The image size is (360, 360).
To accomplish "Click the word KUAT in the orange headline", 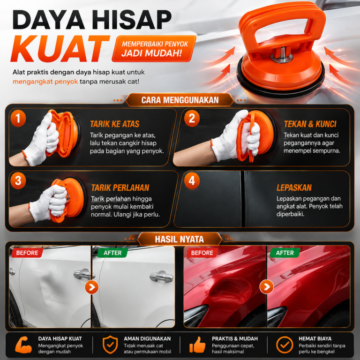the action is click(x=60, y=49).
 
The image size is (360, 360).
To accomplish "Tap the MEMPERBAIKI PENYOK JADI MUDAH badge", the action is click(x=154, y=49).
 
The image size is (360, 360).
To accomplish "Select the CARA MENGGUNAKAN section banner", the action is click(x=180, y=100).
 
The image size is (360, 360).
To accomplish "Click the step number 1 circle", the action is click(x=18, y=119).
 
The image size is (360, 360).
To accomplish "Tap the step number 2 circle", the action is click(x=192, y=119).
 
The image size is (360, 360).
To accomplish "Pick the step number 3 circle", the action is click(x=18, y=180).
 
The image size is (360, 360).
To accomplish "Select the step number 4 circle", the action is click(x=192, y=180).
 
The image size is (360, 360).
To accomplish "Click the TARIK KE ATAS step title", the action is click(x=114, y=124).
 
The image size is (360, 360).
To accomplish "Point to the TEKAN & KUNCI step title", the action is click(x=310, y=124).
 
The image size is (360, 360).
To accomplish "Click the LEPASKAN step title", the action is click(x=294, y=187).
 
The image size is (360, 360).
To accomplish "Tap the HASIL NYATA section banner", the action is click(x=180, y=239).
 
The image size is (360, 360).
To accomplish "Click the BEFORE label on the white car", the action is click(x=27, y=253).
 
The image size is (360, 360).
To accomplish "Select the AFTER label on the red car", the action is click(x=285, y=253).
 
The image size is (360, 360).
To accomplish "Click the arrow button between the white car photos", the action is click(x=91, y=287).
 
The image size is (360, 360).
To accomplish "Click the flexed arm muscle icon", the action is click(x=23, y=345).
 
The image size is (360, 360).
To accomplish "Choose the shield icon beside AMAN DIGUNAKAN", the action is click(x=110, y=345).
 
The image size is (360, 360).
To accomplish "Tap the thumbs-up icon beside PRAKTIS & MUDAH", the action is click(x=197, y=345).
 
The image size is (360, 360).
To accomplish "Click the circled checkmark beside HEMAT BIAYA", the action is click(x=285, y=345).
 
